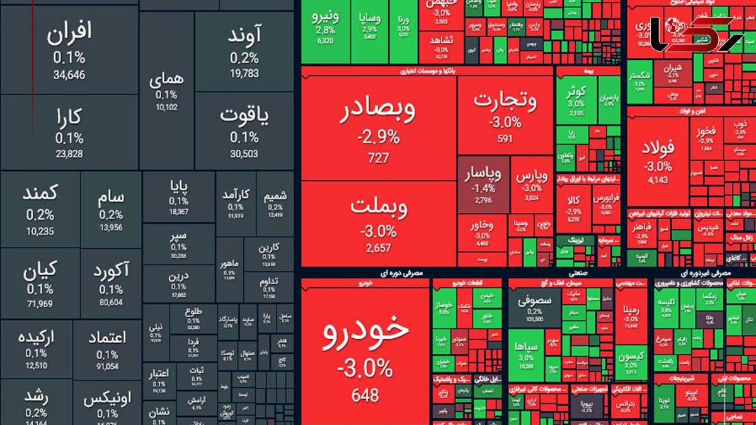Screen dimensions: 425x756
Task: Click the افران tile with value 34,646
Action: (x=69, y=50)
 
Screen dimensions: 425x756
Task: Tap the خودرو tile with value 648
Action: (x=365, y=353)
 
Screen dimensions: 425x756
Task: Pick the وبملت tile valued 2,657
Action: (x=379, y=224)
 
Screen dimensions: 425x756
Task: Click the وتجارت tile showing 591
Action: (x=505, y=116)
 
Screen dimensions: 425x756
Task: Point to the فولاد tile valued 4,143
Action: (x=658, y=161)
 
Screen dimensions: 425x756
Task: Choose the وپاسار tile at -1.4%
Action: (x=483, y=185)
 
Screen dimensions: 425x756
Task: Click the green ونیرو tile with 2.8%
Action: (x=325, y=25)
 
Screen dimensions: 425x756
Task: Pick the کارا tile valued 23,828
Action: (x=69, y=132)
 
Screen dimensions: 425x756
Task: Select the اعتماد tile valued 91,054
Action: (x=107, y=349)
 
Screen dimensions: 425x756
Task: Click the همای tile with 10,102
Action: (x=167, y=91)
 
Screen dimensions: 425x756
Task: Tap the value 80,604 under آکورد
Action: (x=111, y=302)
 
